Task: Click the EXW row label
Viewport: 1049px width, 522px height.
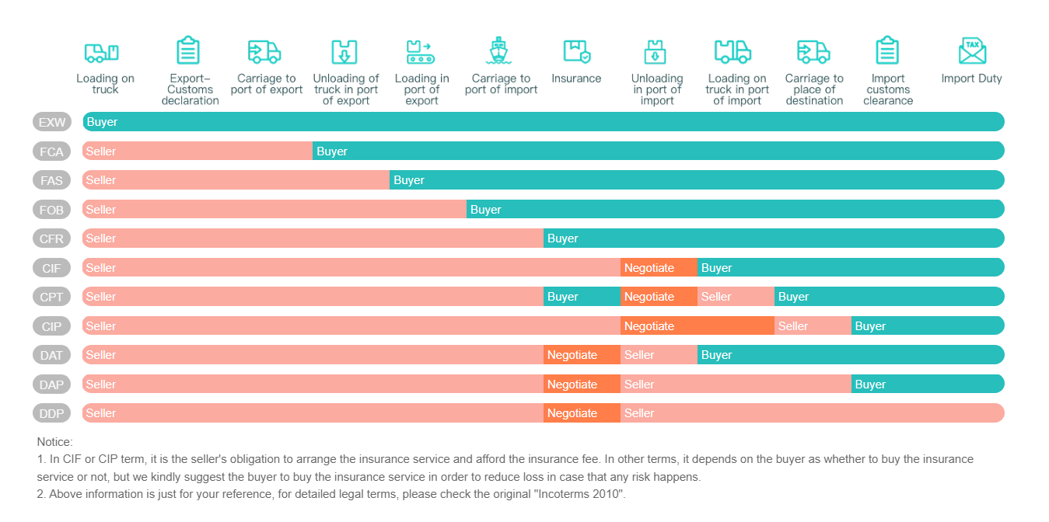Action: click(52, 122)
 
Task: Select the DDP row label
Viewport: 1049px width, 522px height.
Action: click(52, 413)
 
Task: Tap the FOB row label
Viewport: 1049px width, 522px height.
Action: click(52, 210)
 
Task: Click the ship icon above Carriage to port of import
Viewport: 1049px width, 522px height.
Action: click(498, 51)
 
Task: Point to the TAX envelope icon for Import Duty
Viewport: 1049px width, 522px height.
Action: click(972, 51)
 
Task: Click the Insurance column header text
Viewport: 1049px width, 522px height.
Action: click(576, 78)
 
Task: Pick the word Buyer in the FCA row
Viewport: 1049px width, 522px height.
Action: click(332, 151)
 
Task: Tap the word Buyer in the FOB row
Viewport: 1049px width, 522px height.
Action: click(486, 210)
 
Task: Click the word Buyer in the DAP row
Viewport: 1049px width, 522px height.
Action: click(870, 385)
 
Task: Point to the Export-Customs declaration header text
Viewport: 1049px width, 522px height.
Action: click(191, 89)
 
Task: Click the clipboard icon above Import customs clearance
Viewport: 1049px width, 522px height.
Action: click(887, 51)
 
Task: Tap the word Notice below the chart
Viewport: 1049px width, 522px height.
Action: click(54, 441)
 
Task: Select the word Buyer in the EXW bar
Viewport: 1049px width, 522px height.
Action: click(102, 122)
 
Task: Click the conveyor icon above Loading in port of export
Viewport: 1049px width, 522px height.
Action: click(420, 52)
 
